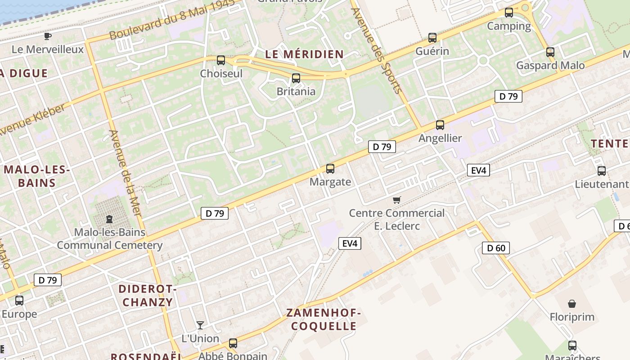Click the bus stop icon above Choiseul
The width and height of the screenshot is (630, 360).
click(x=220, y=60)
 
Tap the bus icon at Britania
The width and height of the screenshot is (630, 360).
click(x=296, y=78)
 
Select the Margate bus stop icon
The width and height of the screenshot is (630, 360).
click(x=330, y=169)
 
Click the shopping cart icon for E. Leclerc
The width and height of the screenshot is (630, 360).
click(x=396, y=200)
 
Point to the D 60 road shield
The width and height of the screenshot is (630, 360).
click(x=496, y=248)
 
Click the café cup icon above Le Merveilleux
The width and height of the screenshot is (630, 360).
click(x=48, y=36)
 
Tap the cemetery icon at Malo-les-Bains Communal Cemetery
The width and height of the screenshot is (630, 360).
click(x=109, y=219)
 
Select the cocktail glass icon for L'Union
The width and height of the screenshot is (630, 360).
click(x=200, y=325)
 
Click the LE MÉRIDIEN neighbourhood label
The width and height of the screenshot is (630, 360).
click(x=304, y=54)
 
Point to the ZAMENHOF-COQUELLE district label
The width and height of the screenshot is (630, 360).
click(x=324, y=319)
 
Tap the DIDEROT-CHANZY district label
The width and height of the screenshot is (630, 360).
click(x=148, y=295)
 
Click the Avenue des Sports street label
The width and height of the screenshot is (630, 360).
click(x=376, y=50)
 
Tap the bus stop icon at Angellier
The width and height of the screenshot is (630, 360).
click(x=440, y=125)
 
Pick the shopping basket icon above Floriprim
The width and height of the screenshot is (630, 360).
click(x=571, y=304)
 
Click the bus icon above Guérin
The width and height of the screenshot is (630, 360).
click(x=432, y=38)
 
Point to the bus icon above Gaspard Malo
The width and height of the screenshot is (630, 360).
click(x=550, y=52)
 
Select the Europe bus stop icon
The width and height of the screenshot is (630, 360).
click(x=19, y=300)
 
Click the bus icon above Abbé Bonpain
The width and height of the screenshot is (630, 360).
click(x=233, y=343)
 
